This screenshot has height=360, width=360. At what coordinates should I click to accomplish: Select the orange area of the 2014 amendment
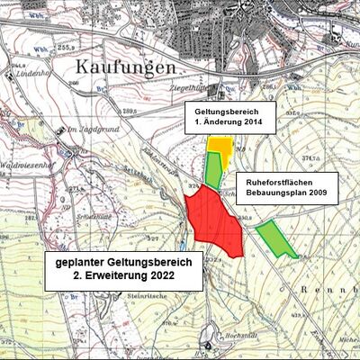tap(219, 144)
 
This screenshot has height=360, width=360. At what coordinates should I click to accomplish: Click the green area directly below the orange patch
tap(213, 167)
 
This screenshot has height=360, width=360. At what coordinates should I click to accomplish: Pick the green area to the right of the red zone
tap(274, 238)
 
